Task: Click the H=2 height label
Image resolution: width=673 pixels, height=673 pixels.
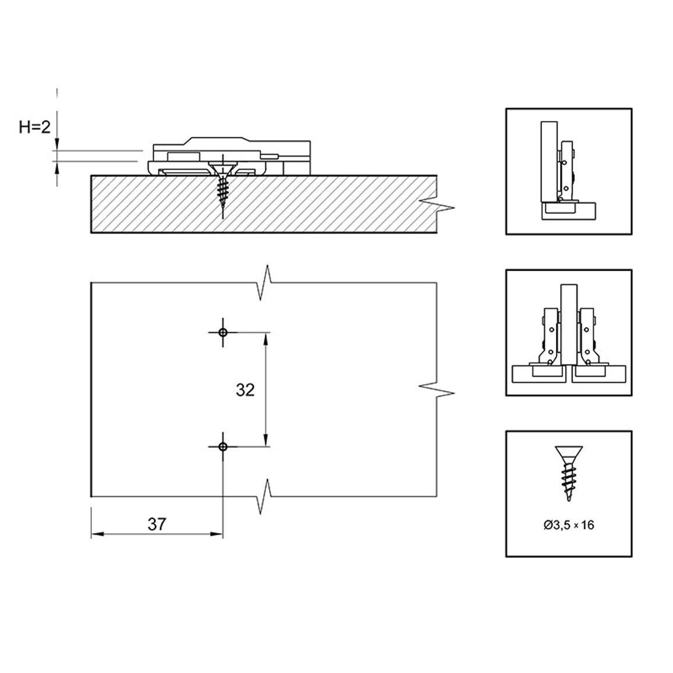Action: (35, 127)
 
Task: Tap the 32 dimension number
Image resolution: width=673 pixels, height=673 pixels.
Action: (245, 389)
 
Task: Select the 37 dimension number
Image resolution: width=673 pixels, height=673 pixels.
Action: (157, 524)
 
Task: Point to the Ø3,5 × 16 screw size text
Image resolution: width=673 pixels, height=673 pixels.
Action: (569, 525)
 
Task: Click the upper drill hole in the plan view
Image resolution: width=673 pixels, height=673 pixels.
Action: (223, 332)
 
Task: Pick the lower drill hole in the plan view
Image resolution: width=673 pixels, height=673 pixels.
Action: (223, 447)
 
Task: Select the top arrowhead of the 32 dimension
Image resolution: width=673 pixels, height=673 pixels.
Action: (265, 338)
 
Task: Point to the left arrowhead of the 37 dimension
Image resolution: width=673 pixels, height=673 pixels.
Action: (97, 534)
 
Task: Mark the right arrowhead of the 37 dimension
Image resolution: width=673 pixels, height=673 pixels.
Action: (217, 534)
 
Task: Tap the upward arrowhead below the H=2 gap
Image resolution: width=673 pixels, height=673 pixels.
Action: (56, 168)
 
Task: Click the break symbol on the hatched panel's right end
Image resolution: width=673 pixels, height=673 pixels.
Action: (437, 206)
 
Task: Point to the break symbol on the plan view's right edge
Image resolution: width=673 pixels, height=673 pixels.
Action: (437, 389)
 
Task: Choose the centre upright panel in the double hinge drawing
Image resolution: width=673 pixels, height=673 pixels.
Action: (569, 324)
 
